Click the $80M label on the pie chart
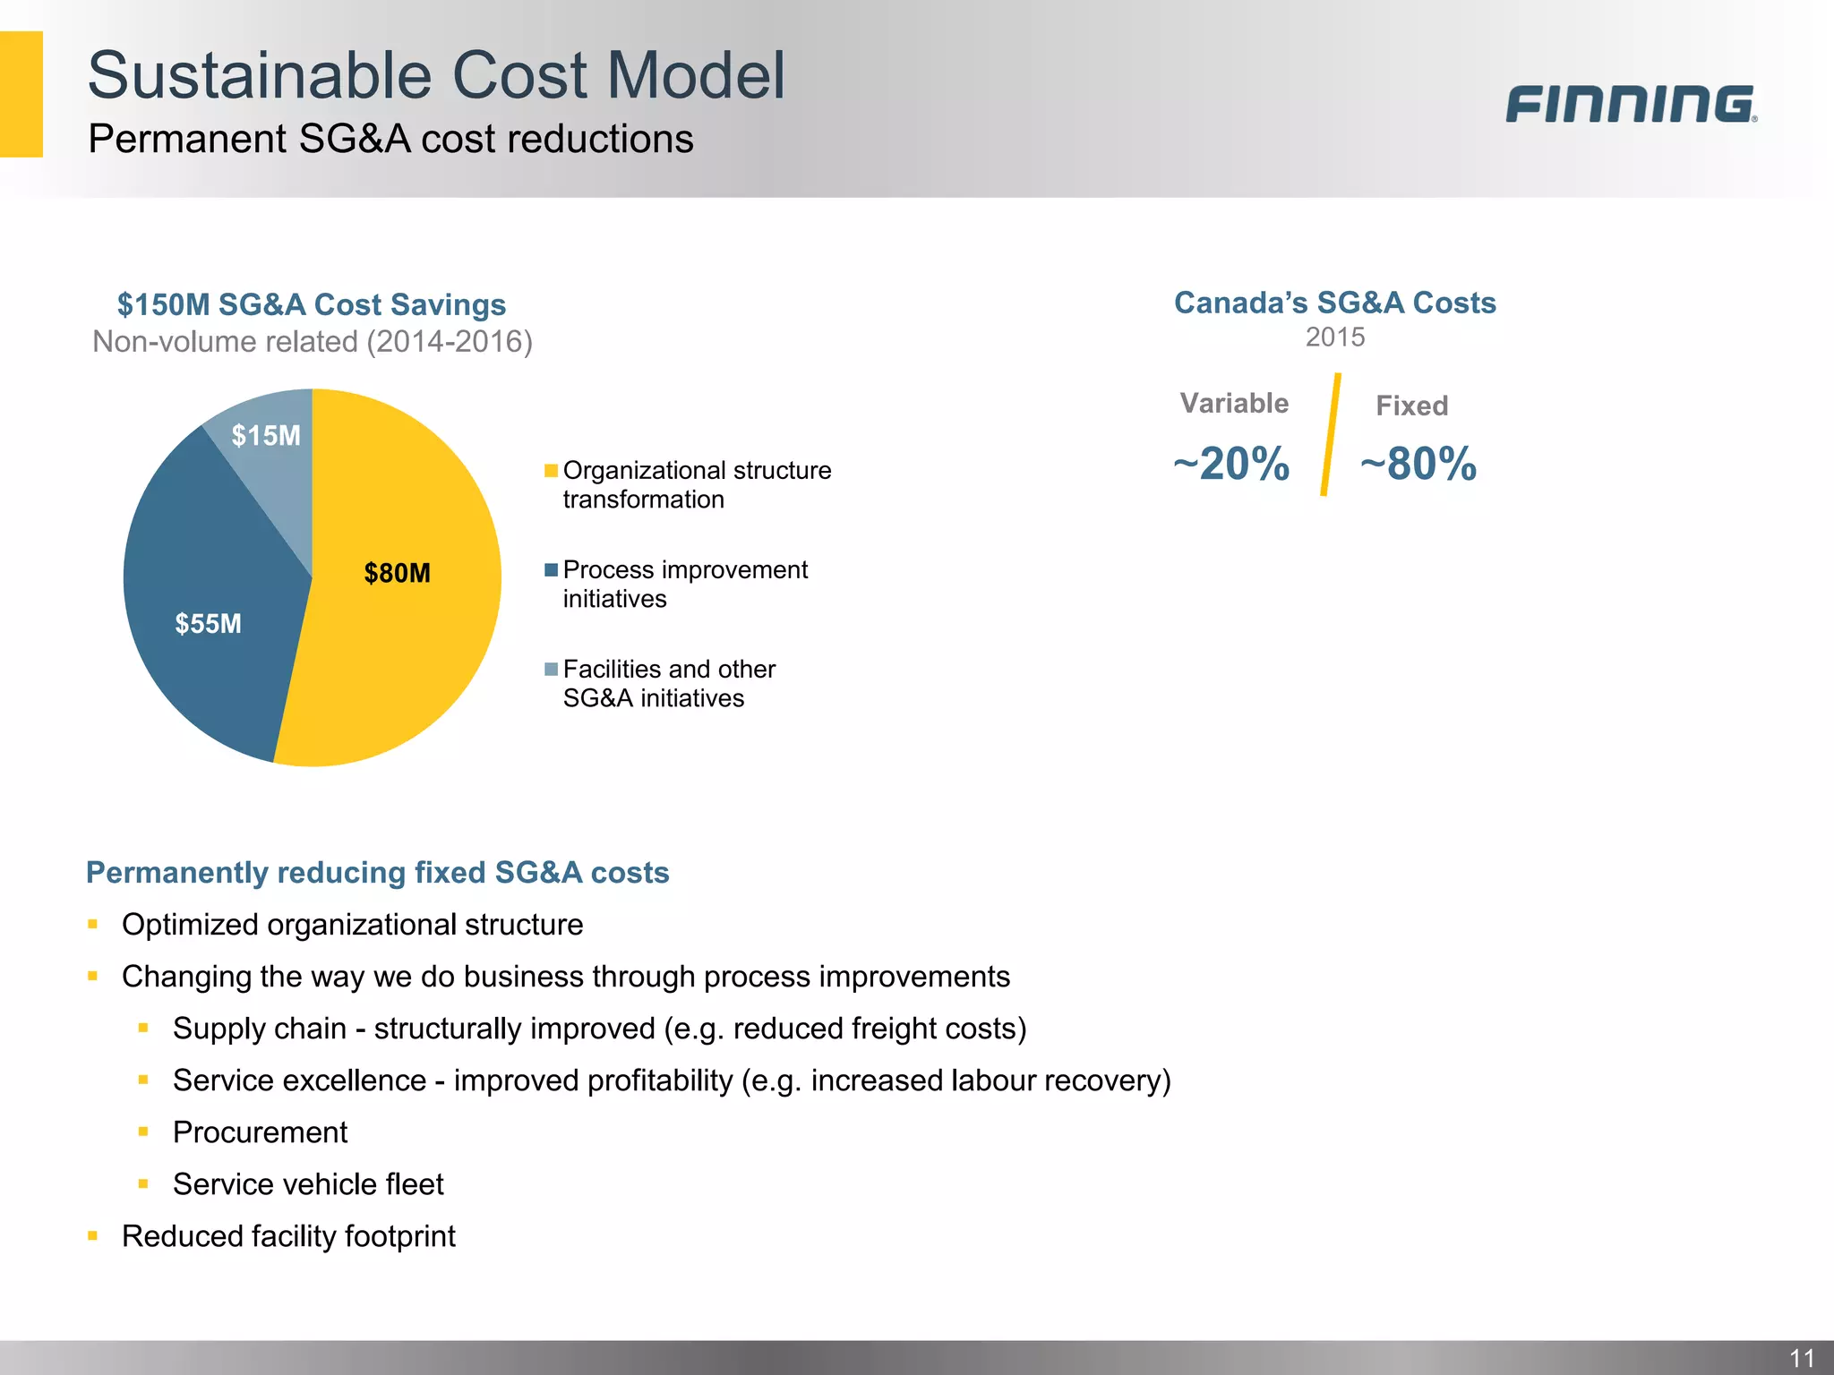point(397,573)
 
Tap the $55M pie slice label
point(208,624)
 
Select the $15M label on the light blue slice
point(266,436)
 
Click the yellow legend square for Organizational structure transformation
point(552,471)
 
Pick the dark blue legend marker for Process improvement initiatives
point(552,570)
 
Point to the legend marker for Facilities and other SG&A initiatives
point(552,670)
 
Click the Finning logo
point(1631,104)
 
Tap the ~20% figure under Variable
point(1231,464)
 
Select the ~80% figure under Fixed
point(1418,464)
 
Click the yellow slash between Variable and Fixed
point(1331,435)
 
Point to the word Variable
point(1234,404)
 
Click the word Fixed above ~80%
point(1411,406)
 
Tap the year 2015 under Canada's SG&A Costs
point(1334,337)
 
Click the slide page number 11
point(1802,1358)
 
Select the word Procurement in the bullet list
point(260,1132)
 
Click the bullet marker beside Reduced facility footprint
point(93,1236)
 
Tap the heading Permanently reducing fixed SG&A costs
point(377,873)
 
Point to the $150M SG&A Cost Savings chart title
point(312,305)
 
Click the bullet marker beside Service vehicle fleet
point(143,1184)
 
